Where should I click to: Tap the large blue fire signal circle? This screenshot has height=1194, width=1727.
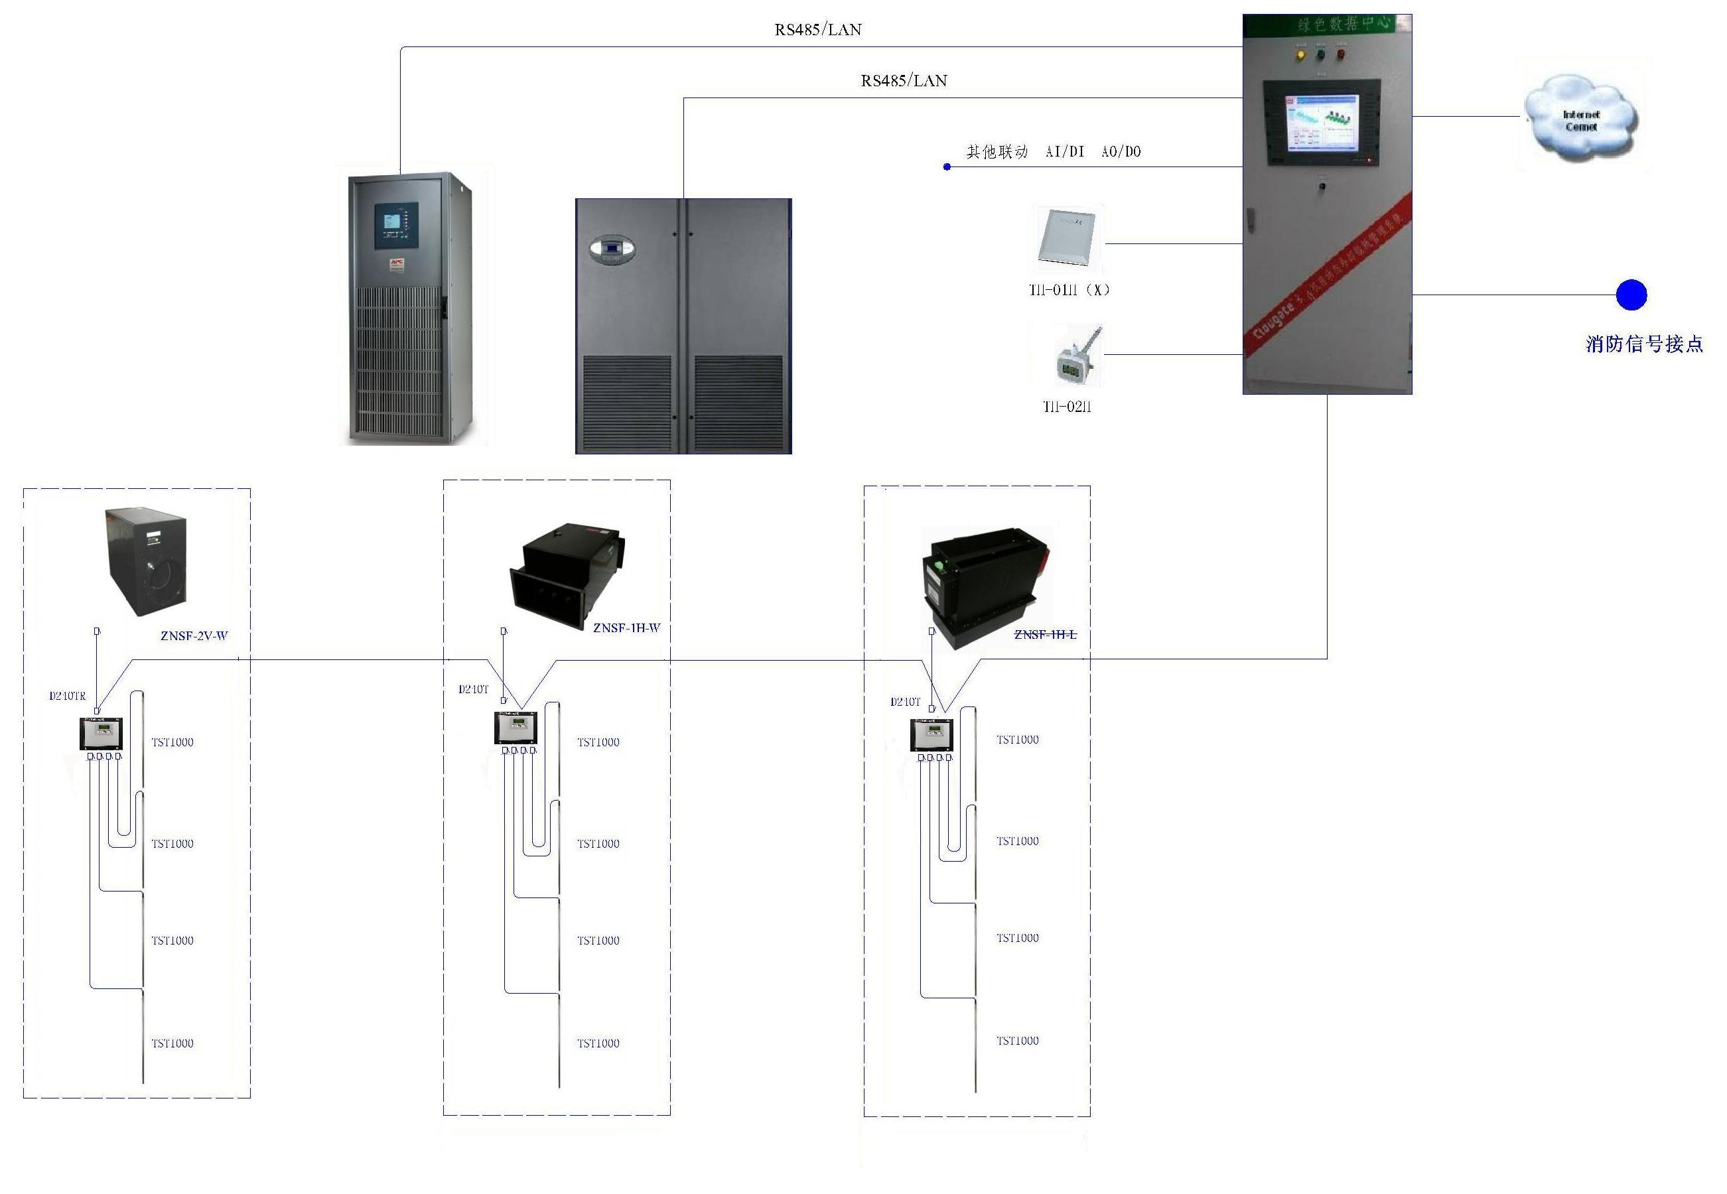(1631, 295)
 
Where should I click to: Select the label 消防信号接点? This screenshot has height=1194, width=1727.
(1644, 344)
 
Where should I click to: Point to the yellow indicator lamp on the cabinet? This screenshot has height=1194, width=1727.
(1300, 54)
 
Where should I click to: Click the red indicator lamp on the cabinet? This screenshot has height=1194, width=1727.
(1341, 54)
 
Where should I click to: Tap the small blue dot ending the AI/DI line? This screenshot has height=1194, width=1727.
(947, 167)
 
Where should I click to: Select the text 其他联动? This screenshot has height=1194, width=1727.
(997, 152)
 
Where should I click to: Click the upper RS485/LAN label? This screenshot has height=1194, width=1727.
(818, 30)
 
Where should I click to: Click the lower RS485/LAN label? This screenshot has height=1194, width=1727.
(904, 81)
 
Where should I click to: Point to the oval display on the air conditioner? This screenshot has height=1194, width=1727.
(611, 249)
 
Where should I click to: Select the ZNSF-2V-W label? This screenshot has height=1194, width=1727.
(194, 636)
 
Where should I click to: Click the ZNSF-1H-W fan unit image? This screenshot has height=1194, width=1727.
(567, 574)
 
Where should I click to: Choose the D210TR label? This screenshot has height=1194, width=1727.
(68, 696)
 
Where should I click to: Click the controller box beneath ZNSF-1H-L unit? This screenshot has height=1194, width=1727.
(931, 735)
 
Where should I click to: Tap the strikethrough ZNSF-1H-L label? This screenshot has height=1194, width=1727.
(1044, 634)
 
